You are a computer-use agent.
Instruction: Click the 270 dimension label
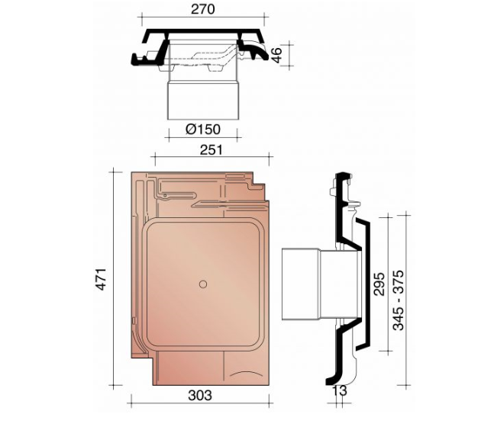pos(203,9)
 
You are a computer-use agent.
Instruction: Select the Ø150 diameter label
pos(203,130)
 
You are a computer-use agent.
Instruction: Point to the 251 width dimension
pos(211,150)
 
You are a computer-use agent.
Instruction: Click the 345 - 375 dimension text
pos(399,278)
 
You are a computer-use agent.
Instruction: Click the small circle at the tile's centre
pos(202,284)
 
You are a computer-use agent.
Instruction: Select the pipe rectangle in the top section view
pos(203,100)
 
